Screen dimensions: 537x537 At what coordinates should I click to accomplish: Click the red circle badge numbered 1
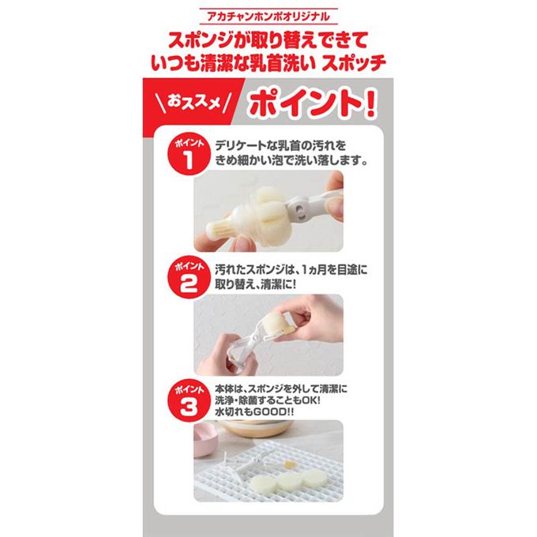[x=188, y=155]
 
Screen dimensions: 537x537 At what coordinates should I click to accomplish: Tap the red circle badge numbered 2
[x=188, y=277]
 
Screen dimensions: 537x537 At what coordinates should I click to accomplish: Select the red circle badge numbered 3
[x=188, y=400]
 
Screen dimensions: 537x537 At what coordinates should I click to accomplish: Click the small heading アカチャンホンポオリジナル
[x=268, y=17]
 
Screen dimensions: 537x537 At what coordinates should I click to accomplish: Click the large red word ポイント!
[x=313, y=103]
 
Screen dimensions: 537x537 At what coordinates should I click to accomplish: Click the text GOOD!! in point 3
[x=273, y=412]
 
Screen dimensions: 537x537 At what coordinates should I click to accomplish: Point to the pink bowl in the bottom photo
[x=205, y=439]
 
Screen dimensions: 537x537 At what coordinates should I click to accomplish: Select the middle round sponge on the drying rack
[x=290, y=480]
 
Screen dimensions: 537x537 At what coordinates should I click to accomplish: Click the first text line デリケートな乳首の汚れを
[x=280, y=145]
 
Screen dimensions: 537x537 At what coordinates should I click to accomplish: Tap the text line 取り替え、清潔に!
[x=255, y=284]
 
